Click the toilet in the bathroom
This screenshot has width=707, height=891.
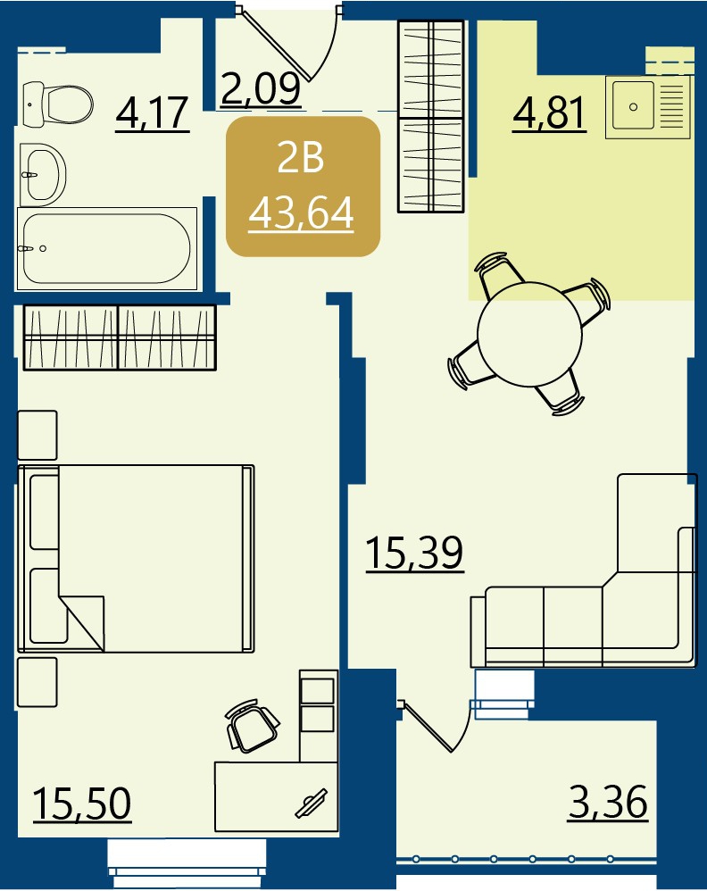[58, 104]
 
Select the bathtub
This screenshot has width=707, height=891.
[107, 249]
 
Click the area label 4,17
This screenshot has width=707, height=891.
[153, 113]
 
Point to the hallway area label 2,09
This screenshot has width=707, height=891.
[261, 88]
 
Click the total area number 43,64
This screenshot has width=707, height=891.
[301, 213]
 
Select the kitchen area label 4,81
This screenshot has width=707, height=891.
[549, 113]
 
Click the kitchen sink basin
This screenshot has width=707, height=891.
[633, 106]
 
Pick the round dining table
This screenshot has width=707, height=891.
[529, 334]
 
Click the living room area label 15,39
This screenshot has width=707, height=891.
[414, 553]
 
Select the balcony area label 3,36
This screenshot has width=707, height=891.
[608, 802]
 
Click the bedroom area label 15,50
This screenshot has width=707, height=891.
[82, 804]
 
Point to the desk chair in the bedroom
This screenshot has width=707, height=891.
[252, 726]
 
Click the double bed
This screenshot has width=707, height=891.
[136, 558]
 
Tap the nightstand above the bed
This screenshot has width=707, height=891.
[37, 435]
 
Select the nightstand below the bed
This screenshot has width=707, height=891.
[37, 682]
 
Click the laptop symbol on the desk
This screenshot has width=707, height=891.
[311, 804]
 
